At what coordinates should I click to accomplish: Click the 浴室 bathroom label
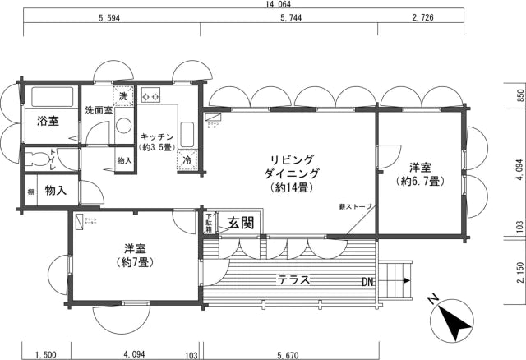click(x=48, y=122)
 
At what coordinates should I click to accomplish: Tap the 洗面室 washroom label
click(x=97, y=110)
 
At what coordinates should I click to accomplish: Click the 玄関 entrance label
click(x=240, y=222)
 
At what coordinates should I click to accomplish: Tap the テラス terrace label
click(x=293, y=279)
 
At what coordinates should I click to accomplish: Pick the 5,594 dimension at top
click(x=112, y=17)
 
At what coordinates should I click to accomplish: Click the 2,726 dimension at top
click(x=422, y=17)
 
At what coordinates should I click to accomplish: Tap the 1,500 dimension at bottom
click(x=45, y=354)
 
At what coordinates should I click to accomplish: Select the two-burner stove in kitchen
click(x=150, y=95)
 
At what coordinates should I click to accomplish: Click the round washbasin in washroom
click(x=124, y=127)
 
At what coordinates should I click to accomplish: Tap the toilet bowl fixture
click(x=37, y=157)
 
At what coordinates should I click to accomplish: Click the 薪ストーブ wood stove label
click(x=355, y=206)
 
